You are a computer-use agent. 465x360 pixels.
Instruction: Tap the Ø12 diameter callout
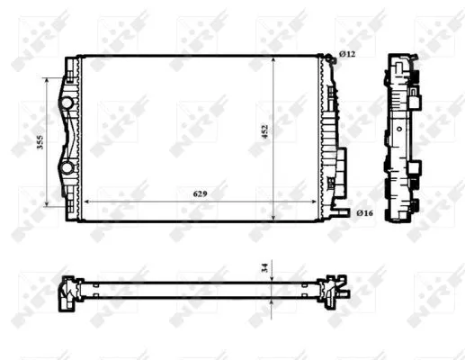coord(349,56)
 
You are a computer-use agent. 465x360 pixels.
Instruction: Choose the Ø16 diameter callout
coord(364,213)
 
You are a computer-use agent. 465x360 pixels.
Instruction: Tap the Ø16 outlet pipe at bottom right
coord(341,212)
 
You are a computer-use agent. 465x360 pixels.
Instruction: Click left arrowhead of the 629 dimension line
coord(85,201)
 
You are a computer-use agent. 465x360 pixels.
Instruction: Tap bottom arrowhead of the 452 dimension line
coord(273,218)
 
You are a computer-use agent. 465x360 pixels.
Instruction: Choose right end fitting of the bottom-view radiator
coord(336,290)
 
